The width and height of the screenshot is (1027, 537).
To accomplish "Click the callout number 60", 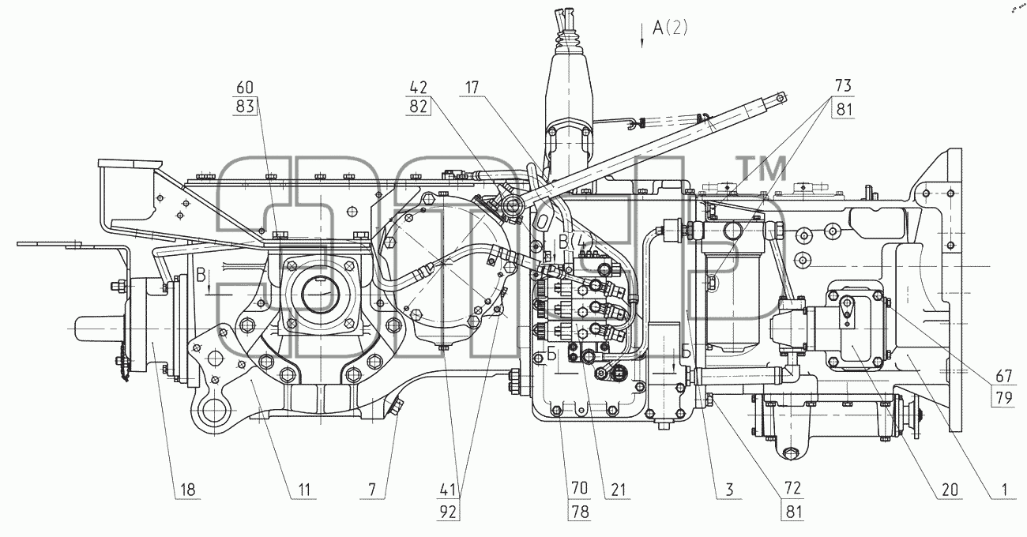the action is [245, 87].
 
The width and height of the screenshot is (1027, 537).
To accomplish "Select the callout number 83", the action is [245, 107].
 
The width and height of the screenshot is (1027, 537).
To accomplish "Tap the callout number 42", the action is [418, 87].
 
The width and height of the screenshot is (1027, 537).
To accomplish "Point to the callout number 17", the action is [472, 87].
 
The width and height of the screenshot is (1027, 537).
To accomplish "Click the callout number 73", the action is [843, 85].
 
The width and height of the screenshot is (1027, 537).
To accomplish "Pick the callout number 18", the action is [188, 490].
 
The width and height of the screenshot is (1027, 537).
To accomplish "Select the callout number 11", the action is [304, 490].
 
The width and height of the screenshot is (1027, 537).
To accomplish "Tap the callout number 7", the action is [372, 490].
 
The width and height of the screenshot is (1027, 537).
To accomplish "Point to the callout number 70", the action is [580, 488].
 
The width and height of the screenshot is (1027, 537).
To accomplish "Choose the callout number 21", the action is [618, 490].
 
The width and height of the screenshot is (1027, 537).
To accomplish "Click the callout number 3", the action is [729, 490].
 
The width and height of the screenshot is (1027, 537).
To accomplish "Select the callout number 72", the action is [792, 488].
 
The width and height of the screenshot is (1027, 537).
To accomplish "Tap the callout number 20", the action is [950, 490].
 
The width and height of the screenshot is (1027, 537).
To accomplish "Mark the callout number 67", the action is [1003, 376].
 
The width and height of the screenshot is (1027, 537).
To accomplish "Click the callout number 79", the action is [1003, 397].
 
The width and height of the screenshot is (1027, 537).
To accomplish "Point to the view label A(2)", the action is [670, 28].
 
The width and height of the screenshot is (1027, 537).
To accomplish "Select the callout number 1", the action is [1004, 490].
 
